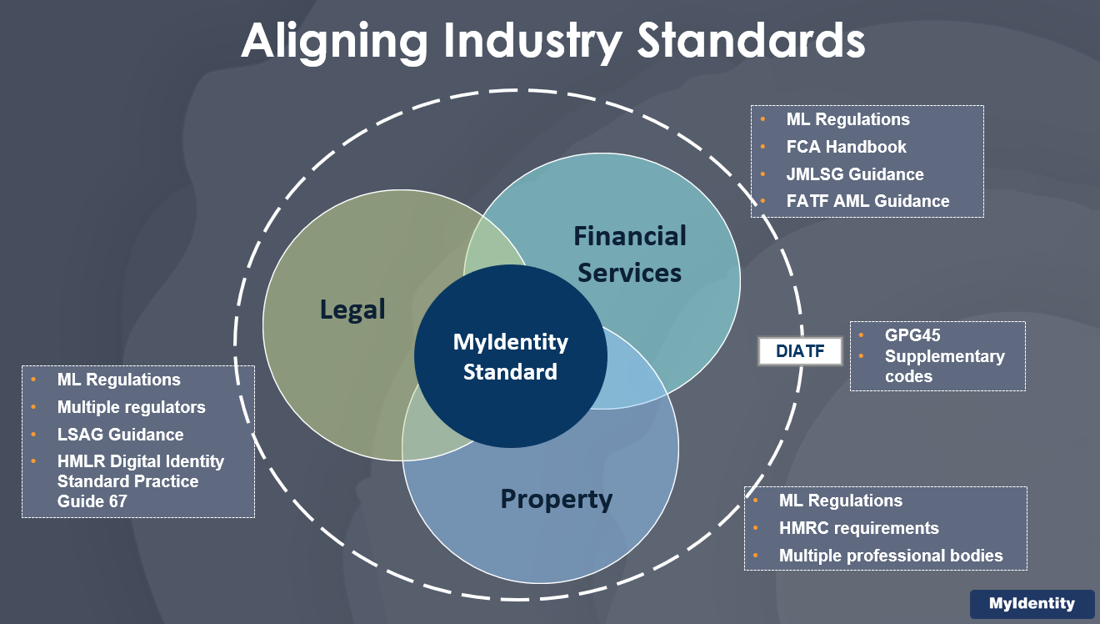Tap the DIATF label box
click(799, 352)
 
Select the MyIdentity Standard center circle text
click(510, 357)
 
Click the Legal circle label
click(352, 309)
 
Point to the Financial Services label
click(630, 254)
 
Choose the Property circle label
click(556, 499)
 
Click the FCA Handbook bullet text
click(846, 147)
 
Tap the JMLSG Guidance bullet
click(855, 174)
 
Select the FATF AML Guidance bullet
click(867, 201)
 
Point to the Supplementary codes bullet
click(944, 366)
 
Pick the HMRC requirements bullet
click(858, 528)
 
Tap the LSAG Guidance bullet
click(120, 435)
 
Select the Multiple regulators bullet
click(131, 407)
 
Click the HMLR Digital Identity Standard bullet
click(140, 481)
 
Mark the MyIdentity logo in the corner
click(1032, 604)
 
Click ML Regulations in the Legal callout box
click(118, 380)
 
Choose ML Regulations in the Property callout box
click(840, 501)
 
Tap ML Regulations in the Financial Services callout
click(847, 119)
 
